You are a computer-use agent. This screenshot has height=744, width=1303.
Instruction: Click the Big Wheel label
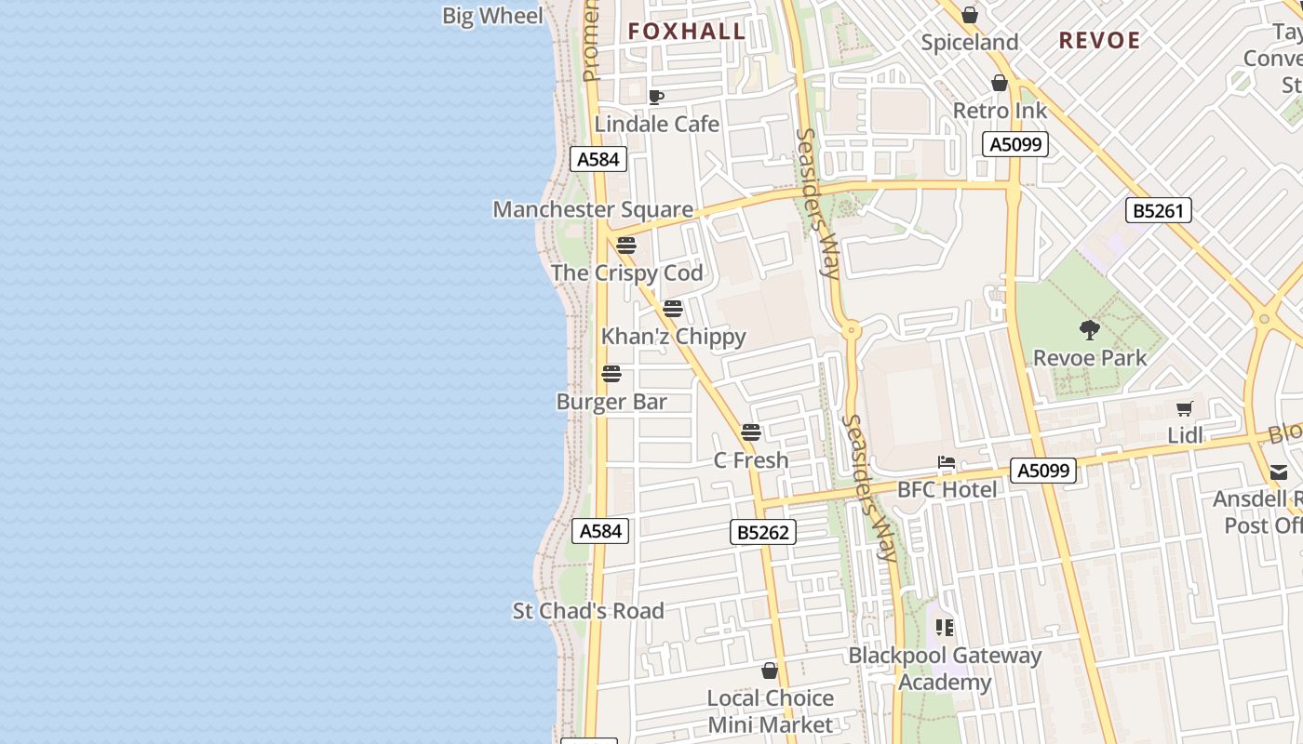pos(492,16)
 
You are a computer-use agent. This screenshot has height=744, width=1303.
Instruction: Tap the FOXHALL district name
pos(687,32)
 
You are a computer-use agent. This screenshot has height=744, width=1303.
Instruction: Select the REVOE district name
pos(1099,40)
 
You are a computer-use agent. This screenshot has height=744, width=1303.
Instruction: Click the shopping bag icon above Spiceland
pos(970,16)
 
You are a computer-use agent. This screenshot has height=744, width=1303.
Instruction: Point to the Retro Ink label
pos(1000,111)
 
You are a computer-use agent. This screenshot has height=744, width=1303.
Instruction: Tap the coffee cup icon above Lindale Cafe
pos(656,97)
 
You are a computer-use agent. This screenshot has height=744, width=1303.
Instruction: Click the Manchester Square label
pos(593,209)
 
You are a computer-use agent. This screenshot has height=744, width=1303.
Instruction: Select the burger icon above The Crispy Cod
pos(626,246)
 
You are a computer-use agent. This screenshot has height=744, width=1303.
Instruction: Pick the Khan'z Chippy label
pos(674,336)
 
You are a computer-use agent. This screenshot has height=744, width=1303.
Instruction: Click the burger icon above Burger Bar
pos(611,374)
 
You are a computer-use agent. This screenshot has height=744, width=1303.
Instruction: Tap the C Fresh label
pos(751,459)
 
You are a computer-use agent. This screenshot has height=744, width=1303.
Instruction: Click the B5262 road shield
pos(762,532)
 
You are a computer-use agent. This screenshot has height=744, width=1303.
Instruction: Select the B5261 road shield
pos(1158,210)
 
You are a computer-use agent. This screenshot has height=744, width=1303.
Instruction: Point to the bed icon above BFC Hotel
pos(947,462)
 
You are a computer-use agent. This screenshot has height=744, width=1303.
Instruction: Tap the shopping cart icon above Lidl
pos(1185,408)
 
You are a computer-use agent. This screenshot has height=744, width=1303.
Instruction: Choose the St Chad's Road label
pos(588,611)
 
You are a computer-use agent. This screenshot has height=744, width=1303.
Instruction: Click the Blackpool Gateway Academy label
pos(945,669)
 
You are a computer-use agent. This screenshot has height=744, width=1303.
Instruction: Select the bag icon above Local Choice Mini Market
pos(770,671)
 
